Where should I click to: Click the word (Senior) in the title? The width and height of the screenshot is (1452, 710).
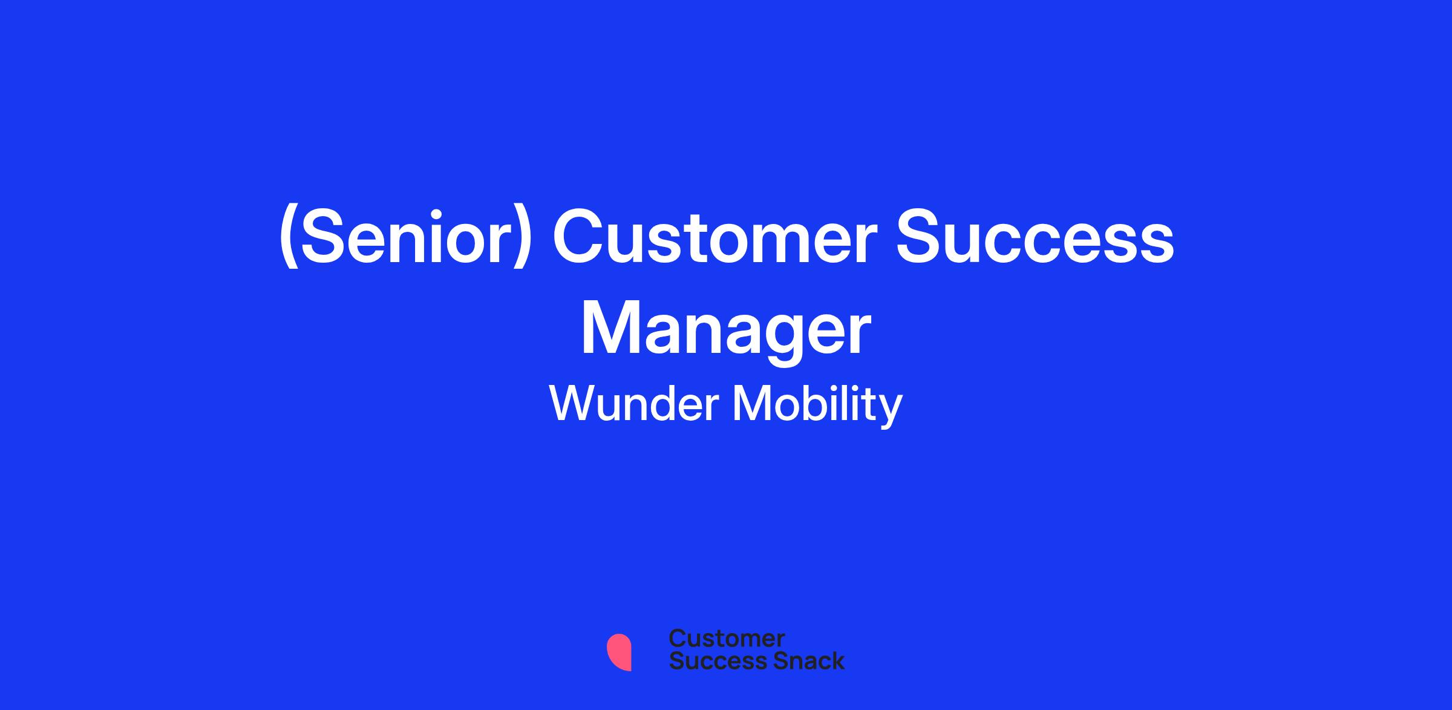click(x=405, y=237)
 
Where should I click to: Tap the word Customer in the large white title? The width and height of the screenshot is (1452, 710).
click(x=715, y=237)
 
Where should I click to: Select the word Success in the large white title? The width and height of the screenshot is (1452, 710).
click(x=1035, y=237)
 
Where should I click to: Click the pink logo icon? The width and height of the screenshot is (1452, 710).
click(x=619, y=652)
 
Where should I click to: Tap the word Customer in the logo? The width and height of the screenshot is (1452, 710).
click(x=727, y=639)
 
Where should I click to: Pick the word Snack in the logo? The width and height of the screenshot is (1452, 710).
click(x=800, y=661)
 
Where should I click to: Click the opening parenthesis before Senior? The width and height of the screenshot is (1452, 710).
click(x=288, y=238)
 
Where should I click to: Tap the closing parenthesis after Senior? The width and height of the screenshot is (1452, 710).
click(x=522, y=238)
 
